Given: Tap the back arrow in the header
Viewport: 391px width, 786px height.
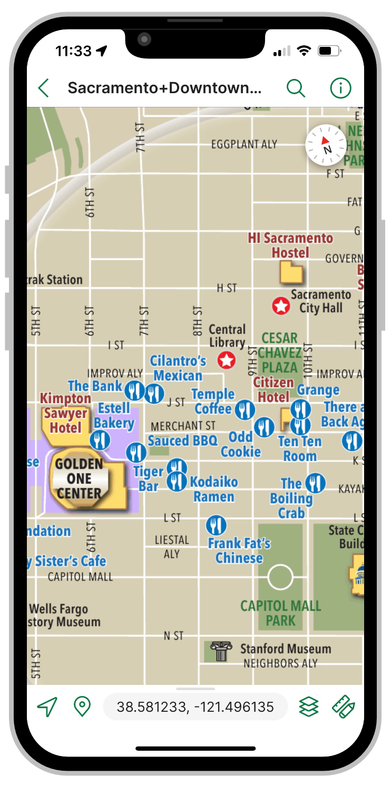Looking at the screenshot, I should tap(44, 88).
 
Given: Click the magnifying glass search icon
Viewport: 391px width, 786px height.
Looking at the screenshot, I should tap(296, 88).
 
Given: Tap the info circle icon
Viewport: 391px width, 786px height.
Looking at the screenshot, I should tap(340, 88).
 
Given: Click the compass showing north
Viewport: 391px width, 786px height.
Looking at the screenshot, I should tap(326, 145).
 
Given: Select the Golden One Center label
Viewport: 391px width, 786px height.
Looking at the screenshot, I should tap(79, 479).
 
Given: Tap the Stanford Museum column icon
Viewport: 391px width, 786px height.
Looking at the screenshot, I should tap(221, 651).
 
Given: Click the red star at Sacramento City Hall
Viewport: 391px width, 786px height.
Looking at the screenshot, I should tap(281, 305).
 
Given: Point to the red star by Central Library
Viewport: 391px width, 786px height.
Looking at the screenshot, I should tap(227, 361).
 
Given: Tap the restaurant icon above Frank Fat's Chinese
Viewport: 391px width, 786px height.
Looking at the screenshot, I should tap(216, 525).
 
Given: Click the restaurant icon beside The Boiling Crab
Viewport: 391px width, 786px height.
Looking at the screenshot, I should tap(315, 482).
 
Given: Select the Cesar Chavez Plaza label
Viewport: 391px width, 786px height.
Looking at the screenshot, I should tap(280, 352).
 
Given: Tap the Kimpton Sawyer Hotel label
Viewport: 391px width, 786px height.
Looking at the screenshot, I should tap(66, 413).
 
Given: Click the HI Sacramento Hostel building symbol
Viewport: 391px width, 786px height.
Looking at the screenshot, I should tap(291, 273).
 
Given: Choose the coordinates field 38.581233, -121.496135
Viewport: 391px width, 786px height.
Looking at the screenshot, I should tap(195, 707).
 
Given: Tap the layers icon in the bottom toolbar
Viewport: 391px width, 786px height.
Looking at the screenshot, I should tap(309, 707).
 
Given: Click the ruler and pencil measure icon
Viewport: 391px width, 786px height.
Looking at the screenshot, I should tap(344, 707).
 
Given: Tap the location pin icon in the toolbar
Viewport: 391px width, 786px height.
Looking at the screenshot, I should tap(82, 707).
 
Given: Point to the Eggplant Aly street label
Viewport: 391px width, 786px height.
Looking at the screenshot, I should tap(244, 144).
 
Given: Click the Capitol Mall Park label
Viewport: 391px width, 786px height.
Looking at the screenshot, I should tap(280, 613).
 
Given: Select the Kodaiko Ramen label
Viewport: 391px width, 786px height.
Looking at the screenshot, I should tap(214, 489).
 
